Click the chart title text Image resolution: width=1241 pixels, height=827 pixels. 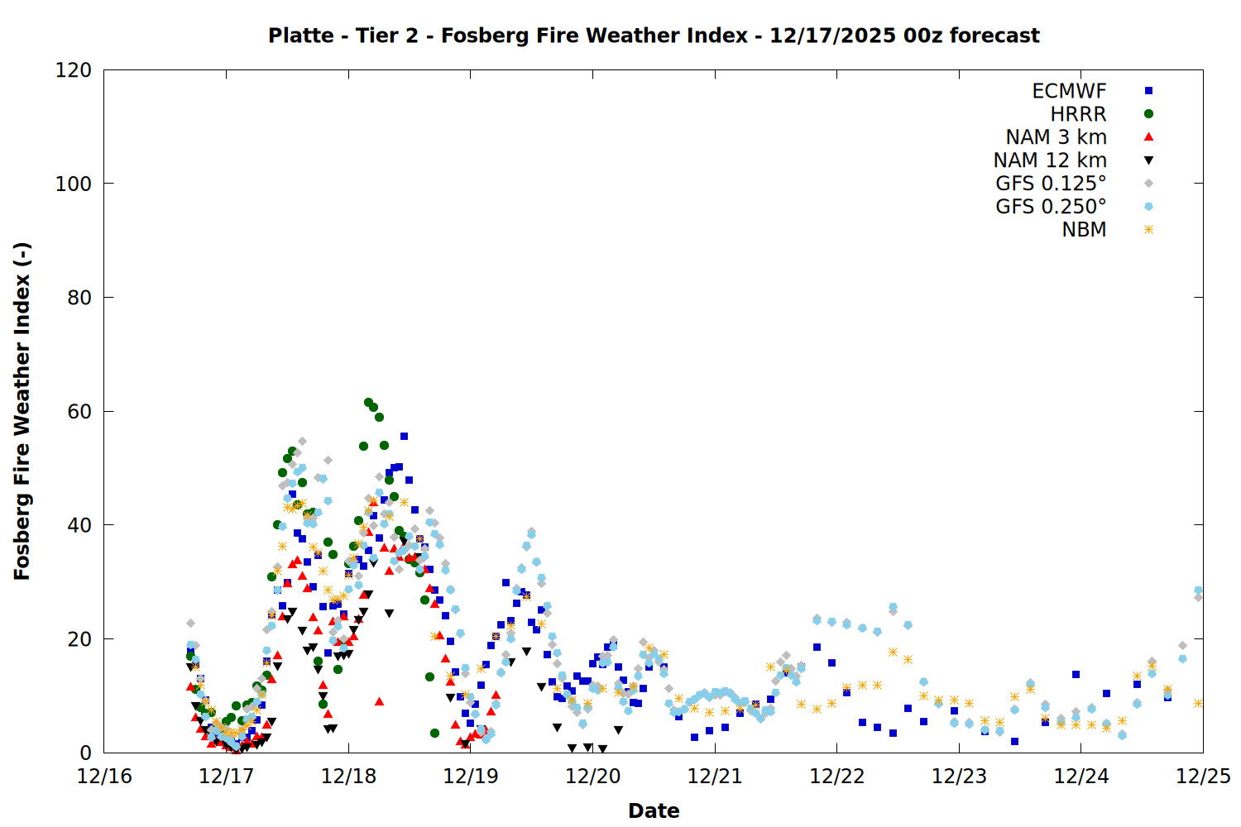[654, 36]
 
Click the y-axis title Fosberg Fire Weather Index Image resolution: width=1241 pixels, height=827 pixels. [22, 411]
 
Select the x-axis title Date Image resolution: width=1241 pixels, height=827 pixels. [654, 810]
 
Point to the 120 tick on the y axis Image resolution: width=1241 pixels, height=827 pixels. [74, 70]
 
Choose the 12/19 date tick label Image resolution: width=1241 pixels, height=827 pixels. [470, 777]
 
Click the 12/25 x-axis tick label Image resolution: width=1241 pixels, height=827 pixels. [1203, 777]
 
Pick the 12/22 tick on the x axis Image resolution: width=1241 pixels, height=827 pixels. [836, 777]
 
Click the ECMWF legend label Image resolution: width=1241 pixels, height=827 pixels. [1069, 91]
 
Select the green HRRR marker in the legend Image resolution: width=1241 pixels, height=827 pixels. [1148, 114]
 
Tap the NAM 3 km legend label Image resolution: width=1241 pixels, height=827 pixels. [1056, 137]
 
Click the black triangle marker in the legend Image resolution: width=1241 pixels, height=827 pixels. [1148, 160]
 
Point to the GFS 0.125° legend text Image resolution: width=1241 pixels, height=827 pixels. [1051, 184]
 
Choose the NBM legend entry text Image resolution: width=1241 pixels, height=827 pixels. [1084, 230]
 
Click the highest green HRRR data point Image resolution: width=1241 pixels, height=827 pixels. [368, 403]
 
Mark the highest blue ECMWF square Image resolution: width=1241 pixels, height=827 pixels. [404, 436]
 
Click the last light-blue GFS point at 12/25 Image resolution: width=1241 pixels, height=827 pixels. [1198, 590]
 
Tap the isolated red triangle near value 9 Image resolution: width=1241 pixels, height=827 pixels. [379, 701]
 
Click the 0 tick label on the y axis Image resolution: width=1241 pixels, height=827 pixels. [85, 753]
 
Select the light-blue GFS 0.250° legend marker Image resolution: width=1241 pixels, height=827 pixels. [1148, 207]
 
